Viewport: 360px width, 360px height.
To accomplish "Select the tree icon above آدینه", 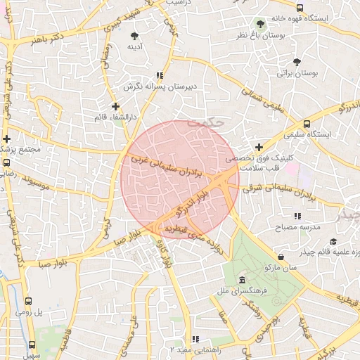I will (134, 35).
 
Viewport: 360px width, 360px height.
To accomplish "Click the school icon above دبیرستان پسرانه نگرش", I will (160, 75).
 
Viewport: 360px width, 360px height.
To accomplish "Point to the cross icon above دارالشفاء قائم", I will (115, 106).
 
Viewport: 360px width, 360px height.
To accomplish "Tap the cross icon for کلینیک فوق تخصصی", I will (259, 148).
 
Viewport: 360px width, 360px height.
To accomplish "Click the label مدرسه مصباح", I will (301, 227).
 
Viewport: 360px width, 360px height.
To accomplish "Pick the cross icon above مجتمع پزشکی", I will (6, 139).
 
